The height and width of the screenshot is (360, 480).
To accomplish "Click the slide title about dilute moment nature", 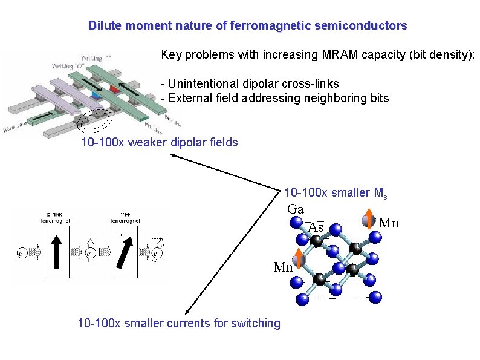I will (247, 26).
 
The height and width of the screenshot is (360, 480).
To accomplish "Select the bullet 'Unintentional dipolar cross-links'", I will (250, 83).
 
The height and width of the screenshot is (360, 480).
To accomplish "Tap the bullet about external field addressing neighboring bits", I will (274, 98).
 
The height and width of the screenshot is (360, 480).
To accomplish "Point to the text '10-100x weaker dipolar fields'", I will (160, 143).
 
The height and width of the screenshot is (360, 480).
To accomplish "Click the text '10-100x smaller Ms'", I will (336, 193).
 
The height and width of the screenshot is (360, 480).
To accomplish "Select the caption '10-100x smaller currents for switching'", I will (179, 323).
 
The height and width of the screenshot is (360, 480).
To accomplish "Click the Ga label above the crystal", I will (296, 209).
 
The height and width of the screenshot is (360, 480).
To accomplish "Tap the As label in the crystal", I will (316, 228).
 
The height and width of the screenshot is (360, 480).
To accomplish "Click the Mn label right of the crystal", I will (389, 224).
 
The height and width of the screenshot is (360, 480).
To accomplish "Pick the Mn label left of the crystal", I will (283, 267).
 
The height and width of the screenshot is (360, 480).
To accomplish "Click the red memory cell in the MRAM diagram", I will (114, 90).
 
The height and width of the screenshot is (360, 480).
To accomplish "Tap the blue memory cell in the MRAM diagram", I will (96, 96).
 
